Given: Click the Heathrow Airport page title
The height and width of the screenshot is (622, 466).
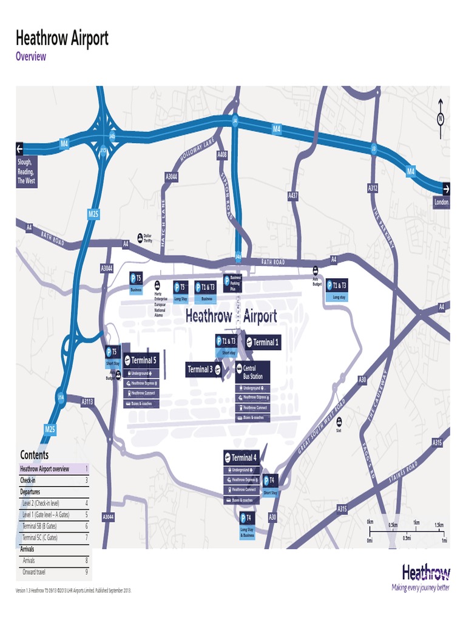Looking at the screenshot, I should (62, 39).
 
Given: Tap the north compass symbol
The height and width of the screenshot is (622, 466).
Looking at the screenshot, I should (441, 118).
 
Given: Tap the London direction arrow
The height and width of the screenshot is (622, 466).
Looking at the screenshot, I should (446, 188).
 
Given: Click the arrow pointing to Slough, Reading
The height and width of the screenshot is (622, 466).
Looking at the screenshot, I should (19, 148).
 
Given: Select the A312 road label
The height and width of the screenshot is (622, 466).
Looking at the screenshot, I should (373, 189).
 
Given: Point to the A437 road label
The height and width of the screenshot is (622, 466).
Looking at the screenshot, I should (293, 196).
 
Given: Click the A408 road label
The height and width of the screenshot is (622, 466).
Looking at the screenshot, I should (222, 155).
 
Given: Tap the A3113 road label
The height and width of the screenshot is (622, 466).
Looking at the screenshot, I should (88, 401).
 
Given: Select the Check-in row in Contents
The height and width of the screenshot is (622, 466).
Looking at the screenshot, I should (54, 480).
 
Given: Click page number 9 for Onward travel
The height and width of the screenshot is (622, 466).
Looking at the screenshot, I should (87, 572).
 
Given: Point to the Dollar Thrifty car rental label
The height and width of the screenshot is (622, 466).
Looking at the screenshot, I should (146, 238).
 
